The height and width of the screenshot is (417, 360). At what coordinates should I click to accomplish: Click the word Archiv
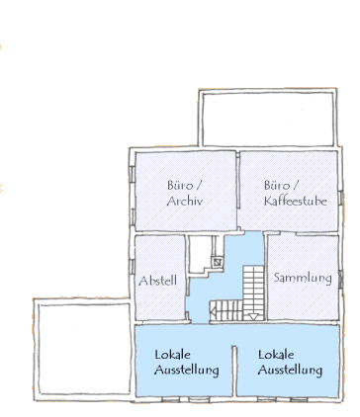pyautogui.click(x=184, y=201)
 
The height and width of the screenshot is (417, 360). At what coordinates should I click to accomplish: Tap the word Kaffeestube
pyautogui.click(x=296, y=201)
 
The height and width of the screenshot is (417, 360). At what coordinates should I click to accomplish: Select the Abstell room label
pyautogui.click(x=157, y=281)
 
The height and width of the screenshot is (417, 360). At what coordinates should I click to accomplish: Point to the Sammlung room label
pyautogui.click(x=303, y=278)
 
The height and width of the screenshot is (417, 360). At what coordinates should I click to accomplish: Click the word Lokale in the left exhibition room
pyautogui.click(x=172, y=355)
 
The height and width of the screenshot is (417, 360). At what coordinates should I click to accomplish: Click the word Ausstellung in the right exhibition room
pyautogui.click(x=290, y=370)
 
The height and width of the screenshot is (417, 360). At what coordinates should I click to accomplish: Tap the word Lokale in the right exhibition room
pyautogui.click(x=276, y=355)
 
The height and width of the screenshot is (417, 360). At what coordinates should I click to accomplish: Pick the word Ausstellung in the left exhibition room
pyautogui.click(x=187, y=370)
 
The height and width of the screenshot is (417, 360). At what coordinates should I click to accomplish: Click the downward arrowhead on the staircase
pyautogui.click(x=253, y=317)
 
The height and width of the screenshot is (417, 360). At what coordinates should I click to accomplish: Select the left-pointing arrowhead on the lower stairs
pyautogui.click(x=213, y=310)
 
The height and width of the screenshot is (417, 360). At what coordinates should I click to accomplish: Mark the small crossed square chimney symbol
pyautogui.click(x=218, y=262)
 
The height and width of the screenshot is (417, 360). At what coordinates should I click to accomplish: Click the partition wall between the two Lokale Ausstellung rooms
pyautogui.click(x=234, y=371)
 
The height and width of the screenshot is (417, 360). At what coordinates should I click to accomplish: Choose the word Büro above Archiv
pyautogui.click(x=180, y=185)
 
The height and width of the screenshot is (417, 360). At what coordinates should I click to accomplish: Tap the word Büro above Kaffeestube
pyautogui.click(x=277, y=185)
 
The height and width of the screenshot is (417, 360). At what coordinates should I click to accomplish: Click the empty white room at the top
pyautogui.click(x=268, y=119)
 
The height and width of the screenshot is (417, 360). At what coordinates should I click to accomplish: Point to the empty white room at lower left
pyautogui.click(x=84, y=349)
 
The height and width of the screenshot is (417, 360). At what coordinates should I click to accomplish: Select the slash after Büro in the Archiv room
pyautogui.click(x=198, y=185)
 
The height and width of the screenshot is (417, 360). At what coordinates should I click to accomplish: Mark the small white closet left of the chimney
pyautogui.click(x=201, y=254)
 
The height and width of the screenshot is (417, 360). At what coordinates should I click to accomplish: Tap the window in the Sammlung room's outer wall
pyautogui.click(x=341, y=280)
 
